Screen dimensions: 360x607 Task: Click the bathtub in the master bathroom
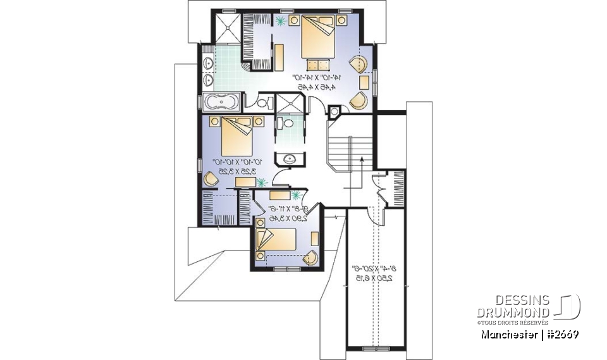click(221, 101)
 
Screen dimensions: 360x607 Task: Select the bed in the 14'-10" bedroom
click(321, 37)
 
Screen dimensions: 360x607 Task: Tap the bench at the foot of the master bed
click(319, 63)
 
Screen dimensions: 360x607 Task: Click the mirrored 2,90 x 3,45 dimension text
click(288, 218)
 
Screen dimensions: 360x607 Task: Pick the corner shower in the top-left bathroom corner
click(226, 27)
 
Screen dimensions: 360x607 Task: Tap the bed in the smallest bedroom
click(276, 241)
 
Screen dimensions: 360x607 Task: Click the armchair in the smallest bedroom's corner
click(310, 257)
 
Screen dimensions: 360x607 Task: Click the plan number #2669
click(560, 333)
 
